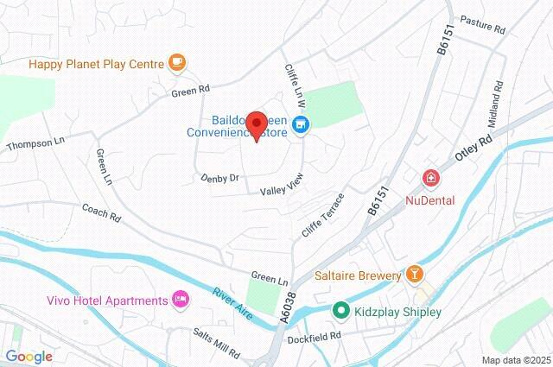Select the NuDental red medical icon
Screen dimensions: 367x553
(x=430, y=180)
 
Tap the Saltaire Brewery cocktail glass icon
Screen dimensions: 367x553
(x=416, y=275)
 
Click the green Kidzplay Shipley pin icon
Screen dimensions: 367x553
(x=341, y=311)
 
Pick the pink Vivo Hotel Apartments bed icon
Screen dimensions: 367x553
(x=181, y=300)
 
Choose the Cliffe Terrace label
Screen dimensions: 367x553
(x=323, y=217)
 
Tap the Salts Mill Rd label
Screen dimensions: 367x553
(x=216, y=343)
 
